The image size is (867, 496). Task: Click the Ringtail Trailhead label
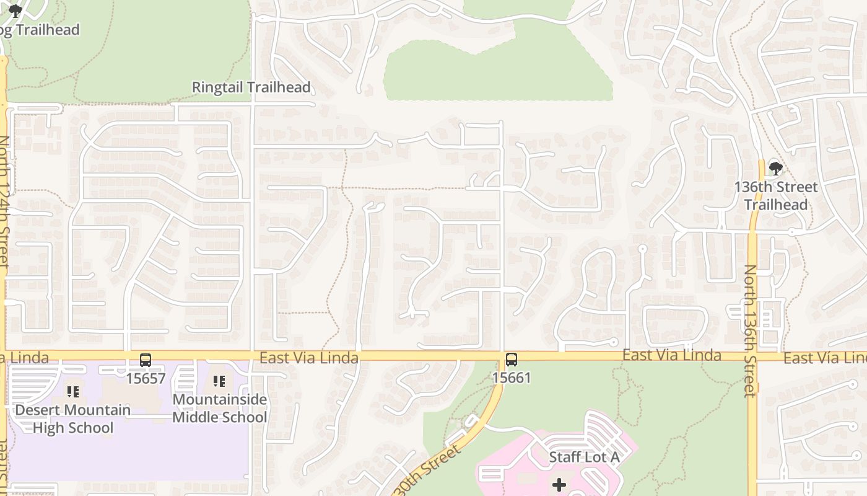pyautogui.click(x=251, y=87)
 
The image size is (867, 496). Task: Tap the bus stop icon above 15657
pyautogui.click(x=146, y=360)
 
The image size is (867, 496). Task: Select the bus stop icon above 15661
pyautogui.click(x=512, y=360)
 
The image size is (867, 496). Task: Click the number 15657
pyautogui.click(x=146, y=378)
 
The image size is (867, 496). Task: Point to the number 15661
pyautogui.click(x=512, y=378)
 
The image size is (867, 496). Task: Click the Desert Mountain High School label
pyautogui.click(x=73, y=418)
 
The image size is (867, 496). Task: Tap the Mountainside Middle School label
pyautogui.click(x=219, y=408)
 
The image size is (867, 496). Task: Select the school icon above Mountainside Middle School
pyautogui.click(x=219, y=381)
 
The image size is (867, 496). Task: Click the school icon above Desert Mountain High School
pyautogui.click(x=73, y=392)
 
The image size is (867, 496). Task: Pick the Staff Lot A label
pyautogui.click(x=584, y=458)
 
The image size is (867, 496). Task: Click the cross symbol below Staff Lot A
pyautogui.click(x=559, y=484)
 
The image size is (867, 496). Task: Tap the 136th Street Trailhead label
pyautogui.click(x=775, y=195)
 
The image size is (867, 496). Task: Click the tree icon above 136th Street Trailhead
pyautogui.click(x=775, y=168)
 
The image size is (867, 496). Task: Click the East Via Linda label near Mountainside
pyautogui.click(x=308, y=358)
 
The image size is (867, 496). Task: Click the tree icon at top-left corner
pyautogui.click(x=15, y=11)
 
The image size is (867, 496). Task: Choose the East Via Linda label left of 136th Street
pyautogui.click(x=671, y=355)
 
